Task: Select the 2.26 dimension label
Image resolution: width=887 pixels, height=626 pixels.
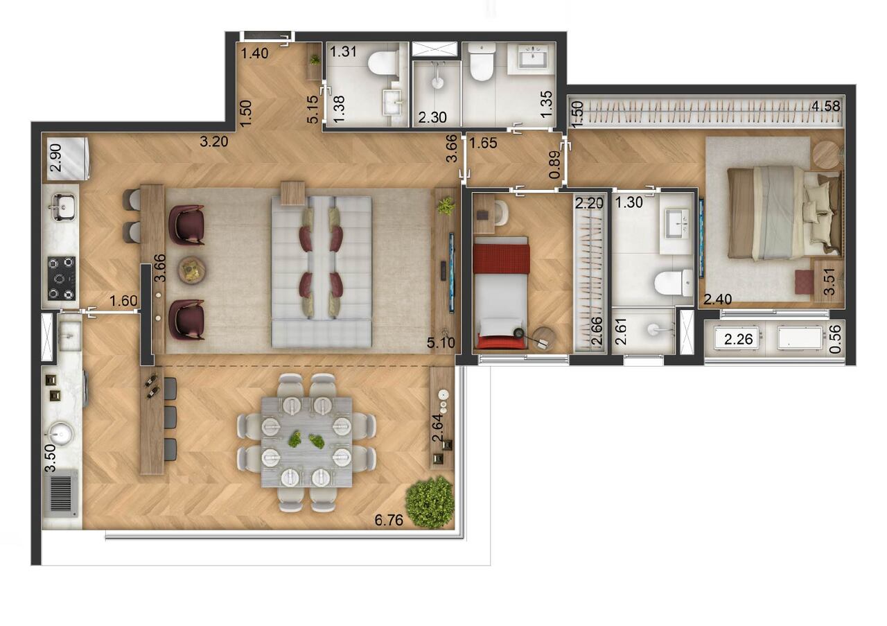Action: coord(737,340)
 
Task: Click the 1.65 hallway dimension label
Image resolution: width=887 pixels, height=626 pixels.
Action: coord(483,144)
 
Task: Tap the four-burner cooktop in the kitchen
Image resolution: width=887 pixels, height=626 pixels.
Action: coord(62,278)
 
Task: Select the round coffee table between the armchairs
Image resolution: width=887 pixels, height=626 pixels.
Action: coord(191,270)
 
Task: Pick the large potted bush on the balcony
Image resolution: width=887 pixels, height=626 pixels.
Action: coord(430,501)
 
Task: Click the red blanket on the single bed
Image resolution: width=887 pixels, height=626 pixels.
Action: coord(501,258)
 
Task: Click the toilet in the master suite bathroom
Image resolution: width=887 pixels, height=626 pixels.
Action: coord(673,283)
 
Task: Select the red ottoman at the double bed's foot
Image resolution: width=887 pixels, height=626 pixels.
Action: coord(804,281)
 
